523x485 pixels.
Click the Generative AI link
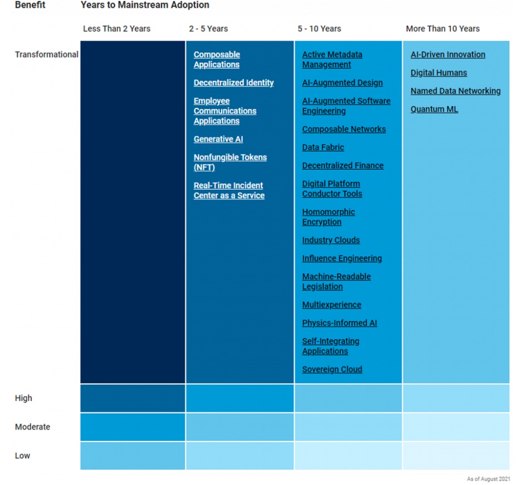point(218,139)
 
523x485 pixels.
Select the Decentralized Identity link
point(234,83)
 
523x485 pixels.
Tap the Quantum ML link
point(434,109)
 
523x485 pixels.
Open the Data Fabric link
point(323,148)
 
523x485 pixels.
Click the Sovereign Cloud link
point(332,370)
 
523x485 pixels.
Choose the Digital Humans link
point(438,73)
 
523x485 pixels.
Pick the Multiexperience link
point(332,305)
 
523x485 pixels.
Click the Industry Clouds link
point(331,240)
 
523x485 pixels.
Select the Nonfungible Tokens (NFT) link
point(230,162)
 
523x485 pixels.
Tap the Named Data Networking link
point(455,91)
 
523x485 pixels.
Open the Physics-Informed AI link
point(340,323)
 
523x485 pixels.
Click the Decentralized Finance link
point(343,166)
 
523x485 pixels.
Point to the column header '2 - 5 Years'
point(208,29)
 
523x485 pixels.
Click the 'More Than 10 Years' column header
point(442,29)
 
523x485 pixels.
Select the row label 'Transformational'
point(46,54)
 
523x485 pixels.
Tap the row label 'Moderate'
point(32,427)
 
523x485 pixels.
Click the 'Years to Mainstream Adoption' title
point(145,5)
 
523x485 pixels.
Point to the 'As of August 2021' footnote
point(488,479)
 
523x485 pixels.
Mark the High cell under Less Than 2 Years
point(132,398)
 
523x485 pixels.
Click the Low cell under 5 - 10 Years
point(348,456)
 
